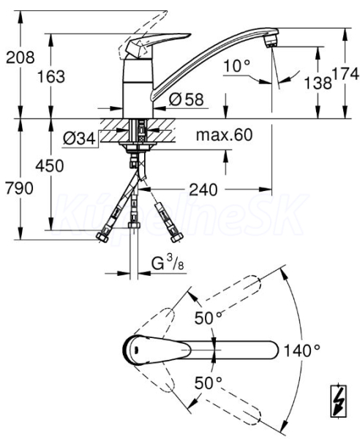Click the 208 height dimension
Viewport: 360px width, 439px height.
click(20, 57)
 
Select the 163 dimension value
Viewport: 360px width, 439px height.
click(51, 76)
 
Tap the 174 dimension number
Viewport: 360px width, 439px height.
click(345, 74)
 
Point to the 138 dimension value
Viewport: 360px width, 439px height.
click(318, 83)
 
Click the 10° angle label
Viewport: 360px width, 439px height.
click(237, 66)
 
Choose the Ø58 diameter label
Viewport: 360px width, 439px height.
click(186, 99)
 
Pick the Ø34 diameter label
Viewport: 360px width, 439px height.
click(79, 138)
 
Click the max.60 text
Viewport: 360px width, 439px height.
click(224, 135)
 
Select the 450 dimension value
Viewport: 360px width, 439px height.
click(50, 166)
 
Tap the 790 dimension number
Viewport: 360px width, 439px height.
click(20, 188)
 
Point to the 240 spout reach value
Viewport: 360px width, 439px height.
click(203, 190)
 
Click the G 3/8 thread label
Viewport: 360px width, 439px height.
click(168, 263)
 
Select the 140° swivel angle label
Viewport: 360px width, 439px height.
click(301, 350)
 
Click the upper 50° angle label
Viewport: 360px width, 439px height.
click(209, 318)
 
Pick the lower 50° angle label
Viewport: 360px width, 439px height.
click(209, 383)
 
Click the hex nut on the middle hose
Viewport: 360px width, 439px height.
click(134, 225)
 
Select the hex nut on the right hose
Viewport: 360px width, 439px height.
click(177, 237)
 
